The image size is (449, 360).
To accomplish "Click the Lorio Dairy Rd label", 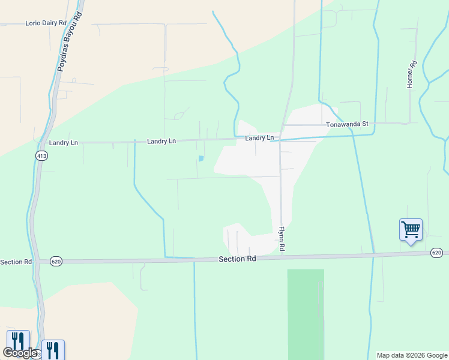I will [46, 23].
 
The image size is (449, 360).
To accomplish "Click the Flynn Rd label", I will [281, 239].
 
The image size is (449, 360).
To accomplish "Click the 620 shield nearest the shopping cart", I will [436, 253].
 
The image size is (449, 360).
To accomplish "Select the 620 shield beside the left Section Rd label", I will [56, 261].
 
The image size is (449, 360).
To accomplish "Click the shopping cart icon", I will [411, 229].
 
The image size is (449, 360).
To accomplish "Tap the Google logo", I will [20, 353].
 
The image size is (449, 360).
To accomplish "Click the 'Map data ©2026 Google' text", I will [412, 355].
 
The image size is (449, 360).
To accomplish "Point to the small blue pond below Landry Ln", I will [200, 158].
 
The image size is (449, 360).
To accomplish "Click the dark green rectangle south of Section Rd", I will [306, 313].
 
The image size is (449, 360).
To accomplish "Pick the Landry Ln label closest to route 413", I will [64, 143].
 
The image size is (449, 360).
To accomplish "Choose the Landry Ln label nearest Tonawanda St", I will [259, 138].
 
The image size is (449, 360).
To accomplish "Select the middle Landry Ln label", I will [161, 141].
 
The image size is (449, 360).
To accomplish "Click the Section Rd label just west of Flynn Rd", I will [237, 259].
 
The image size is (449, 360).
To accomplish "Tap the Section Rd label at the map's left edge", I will [16, 262].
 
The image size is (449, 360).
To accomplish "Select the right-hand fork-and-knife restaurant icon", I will [53, 349].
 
